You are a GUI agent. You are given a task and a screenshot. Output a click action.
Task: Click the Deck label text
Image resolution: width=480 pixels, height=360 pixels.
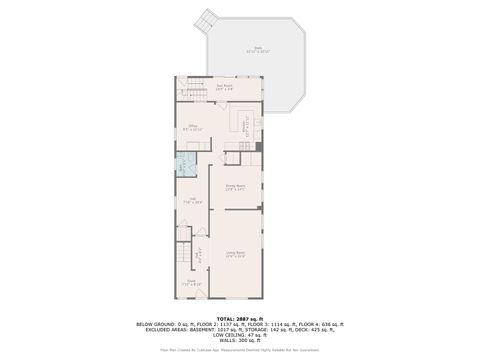click(257, 50)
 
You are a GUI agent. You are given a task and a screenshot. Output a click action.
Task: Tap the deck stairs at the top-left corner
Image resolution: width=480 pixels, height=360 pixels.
click(207, 18)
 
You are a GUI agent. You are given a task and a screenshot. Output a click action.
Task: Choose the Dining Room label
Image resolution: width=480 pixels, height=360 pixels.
click(235, 187)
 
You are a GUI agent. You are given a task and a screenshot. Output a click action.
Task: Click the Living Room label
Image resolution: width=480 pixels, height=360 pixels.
click(236, 256)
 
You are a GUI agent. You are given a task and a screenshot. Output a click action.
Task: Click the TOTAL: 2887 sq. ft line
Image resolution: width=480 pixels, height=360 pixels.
click(239, 318)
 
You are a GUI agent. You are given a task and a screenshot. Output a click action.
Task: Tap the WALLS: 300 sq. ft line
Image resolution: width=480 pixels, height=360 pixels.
click(239, 339)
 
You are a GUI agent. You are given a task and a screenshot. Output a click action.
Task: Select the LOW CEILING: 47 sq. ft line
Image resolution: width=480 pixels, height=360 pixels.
click(239, 334)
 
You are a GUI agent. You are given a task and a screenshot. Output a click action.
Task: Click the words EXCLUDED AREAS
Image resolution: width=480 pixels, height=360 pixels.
click(163, 329)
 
